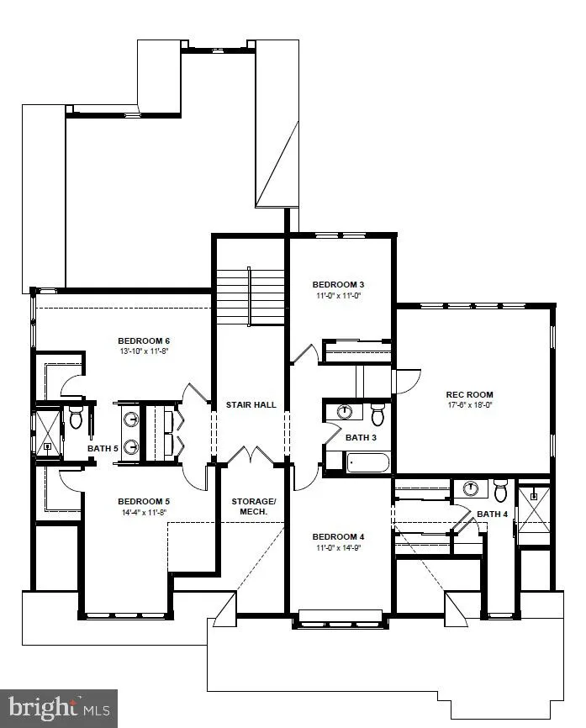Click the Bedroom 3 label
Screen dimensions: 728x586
tap(338, 284)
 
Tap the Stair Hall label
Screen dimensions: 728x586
tap(251, 405)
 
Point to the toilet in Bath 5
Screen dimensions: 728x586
tap(76, 417)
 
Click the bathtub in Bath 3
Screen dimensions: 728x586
tap(358, 462)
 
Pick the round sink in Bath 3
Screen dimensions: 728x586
tap(346, 412)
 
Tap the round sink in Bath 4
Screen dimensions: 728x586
tap(471, 488)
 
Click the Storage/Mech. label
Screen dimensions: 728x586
tap(250, 507)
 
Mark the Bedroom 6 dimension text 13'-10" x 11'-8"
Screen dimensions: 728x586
tap(150, 352)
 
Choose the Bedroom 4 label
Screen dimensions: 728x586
tap(338, 536)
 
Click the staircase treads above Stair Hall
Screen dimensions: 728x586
tap(251, 296)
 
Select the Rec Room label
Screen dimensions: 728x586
tap(469, 394)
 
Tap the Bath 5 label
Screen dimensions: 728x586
tap(103, 448)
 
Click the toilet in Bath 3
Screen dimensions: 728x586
tap(377, 414)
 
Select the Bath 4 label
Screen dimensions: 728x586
tap(493, 514)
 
